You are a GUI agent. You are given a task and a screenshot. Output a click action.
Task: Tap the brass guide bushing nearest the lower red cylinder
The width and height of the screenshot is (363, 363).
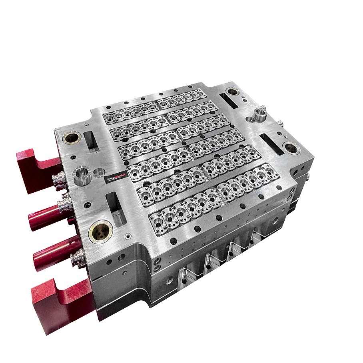tap(100, 231)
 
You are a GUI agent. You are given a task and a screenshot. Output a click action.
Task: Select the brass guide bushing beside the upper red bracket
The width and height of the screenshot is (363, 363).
tap(72, 138)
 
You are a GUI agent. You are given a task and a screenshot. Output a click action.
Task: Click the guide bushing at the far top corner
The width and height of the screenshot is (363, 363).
tap(232, 92)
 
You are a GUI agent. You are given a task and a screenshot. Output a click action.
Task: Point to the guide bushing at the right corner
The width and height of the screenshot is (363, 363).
tap(291, 148)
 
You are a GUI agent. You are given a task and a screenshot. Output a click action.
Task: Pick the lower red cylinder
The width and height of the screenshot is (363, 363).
tap(52, 256)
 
